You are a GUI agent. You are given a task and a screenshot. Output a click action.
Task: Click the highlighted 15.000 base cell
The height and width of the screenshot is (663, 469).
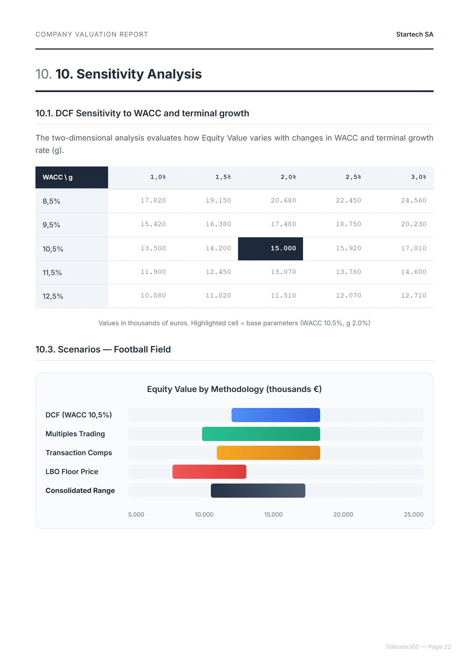coord(271,249)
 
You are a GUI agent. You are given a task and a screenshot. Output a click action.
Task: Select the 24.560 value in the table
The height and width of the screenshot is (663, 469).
coord(413,201)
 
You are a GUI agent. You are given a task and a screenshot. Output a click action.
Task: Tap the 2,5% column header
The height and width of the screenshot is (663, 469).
coord(353,177)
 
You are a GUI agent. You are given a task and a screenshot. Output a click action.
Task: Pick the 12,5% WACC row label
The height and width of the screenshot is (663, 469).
coord(53,296)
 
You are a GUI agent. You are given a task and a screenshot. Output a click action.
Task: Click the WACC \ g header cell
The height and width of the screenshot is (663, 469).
coord(58,177)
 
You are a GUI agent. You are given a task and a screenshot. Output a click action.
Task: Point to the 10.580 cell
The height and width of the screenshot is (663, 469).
coord(153,296)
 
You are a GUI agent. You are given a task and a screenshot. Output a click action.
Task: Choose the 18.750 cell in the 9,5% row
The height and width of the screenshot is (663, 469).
coord(349,224)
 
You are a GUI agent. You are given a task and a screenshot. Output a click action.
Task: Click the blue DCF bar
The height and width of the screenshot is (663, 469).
coord(276,415)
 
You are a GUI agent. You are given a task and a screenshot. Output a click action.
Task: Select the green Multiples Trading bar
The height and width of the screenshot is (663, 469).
coord(261,434)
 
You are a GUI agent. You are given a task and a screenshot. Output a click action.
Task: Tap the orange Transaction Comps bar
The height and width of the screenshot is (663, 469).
coord(268,453)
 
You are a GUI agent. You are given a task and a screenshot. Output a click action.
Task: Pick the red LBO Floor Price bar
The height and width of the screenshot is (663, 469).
coord(209,472)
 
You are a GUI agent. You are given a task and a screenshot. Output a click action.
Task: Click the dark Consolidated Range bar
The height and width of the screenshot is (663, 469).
coord(258,491)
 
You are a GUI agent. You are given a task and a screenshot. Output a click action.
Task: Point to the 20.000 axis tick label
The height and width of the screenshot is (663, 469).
coord(343,515)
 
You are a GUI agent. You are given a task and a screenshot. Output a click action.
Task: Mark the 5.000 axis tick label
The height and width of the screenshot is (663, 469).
coord(136,515)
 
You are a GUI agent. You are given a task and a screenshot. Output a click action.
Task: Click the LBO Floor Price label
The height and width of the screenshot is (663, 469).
coord(72,472)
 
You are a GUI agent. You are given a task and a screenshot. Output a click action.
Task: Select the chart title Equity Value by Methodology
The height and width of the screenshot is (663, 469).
coord(234,389)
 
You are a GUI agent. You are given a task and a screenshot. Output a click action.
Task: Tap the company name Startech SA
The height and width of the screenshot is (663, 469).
coord(414,35)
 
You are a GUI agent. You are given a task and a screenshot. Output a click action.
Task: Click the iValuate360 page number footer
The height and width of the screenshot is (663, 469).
coord(418,647)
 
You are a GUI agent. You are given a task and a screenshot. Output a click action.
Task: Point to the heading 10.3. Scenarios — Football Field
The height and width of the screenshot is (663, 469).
coord(103,350)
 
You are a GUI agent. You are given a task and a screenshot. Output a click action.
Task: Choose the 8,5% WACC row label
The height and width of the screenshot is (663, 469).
coord(51,201)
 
